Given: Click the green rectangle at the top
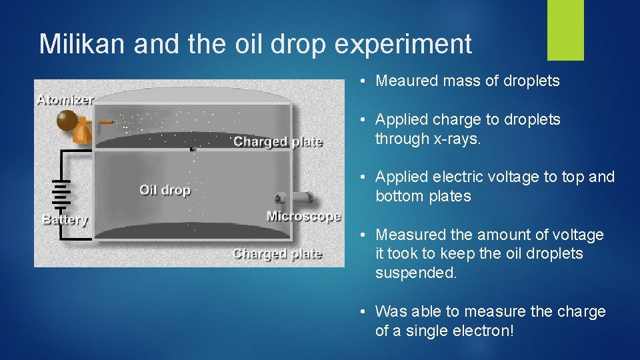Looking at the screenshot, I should click(x=565, y=29).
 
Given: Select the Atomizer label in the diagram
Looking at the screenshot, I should click(x=65, y=100).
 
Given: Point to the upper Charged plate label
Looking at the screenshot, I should click(x=278, y=141).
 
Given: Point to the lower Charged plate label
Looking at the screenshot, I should click(x=277, y=254).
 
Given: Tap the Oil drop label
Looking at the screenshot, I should click(x=165, y=191).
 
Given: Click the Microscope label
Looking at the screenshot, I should click(x=304, y=216).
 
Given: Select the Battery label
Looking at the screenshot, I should click(x=65, y=219).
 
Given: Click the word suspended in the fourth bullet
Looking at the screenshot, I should click(x=415, y=273).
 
